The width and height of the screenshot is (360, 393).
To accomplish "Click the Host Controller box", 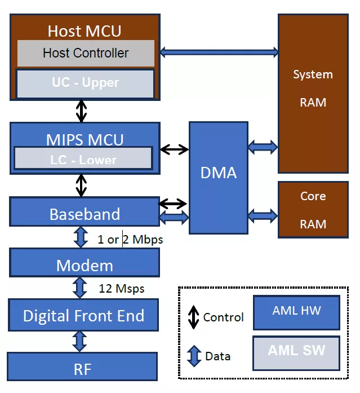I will click(x=86, y=54).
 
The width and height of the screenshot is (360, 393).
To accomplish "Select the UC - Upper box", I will click(x=85, y=83).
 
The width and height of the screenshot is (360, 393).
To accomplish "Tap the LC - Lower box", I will click(x=83, y=159).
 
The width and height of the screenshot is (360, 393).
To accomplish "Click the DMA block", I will click(x=219, y=173).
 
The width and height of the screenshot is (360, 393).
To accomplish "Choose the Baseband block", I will click(x=85, y=214).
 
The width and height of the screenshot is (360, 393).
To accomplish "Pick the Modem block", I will click(x=85, y=265).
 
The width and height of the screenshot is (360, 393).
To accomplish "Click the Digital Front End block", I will click(x=83, y=315).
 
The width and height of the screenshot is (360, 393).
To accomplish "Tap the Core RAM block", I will click(x=313, y=210).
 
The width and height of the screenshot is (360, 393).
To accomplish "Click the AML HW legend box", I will click(x=296, y=312).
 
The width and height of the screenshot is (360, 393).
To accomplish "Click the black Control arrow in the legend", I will click(x=193, y=317).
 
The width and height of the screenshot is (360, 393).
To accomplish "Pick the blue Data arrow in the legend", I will click(x=194, y=356).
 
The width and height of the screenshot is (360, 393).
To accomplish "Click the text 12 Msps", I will click(x=122, y=289).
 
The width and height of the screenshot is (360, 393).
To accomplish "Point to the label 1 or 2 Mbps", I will click(x=130, y=240).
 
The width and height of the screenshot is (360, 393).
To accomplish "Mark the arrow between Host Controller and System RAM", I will click(x=219, y=52).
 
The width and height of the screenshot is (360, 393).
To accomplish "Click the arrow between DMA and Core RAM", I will click(x=263, y=215).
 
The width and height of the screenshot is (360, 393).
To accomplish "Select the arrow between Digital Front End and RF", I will click(x=80, y=342).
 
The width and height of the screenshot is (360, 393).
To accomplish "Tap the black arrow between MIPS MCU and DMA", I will click(x=174, y=149).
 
